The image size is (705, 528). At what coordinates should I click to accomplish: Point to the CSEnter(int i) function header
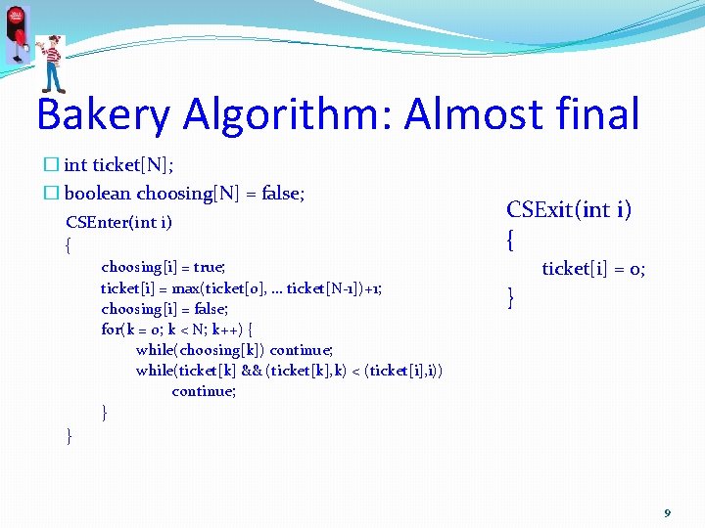(x=118, y=222)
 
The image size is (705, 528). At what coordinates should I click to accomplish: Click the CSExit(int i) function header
(x=569, y=209)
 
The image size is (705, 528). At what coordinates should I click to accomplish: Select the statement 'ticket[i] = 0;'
(x=593, y=269)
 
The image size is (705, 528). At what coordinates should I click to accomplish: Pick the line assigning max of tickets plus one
(x=242, y=287)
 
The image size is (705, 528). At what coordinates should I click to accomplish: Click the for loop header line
(x=177, y=329)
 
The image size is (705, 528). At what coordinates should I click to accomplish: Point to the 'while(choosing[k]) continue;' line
(x=235, y=349)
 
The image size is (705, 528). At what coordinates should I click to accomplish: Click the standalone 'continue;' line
(x=204, y=391)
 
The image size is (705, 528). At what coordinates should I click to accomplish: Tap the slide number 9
(x=668, y=513)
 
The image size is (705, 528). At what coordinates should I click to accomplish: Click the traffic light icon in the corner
(x=17, y=33)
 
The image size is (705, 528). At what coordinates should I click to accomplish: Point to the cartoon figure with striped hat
(x=52, y=61)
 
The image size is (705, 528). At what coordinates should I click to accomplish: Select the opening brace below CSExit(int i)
(x=510, y=239)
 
